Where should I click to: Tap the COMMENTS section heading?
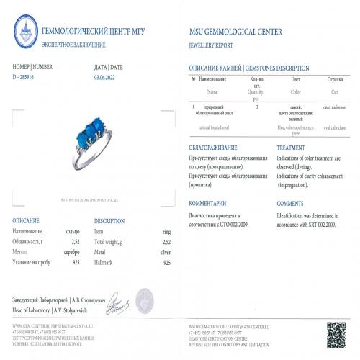tap(291, 204)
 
